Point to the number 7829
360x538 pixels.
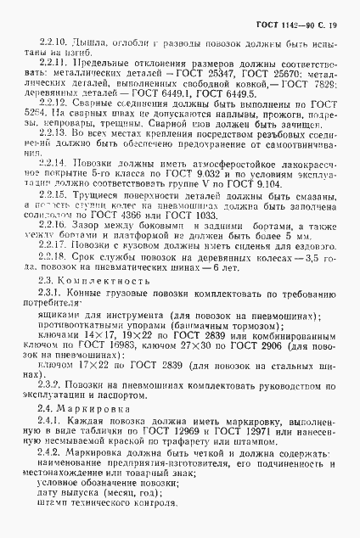coord(315,87)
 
